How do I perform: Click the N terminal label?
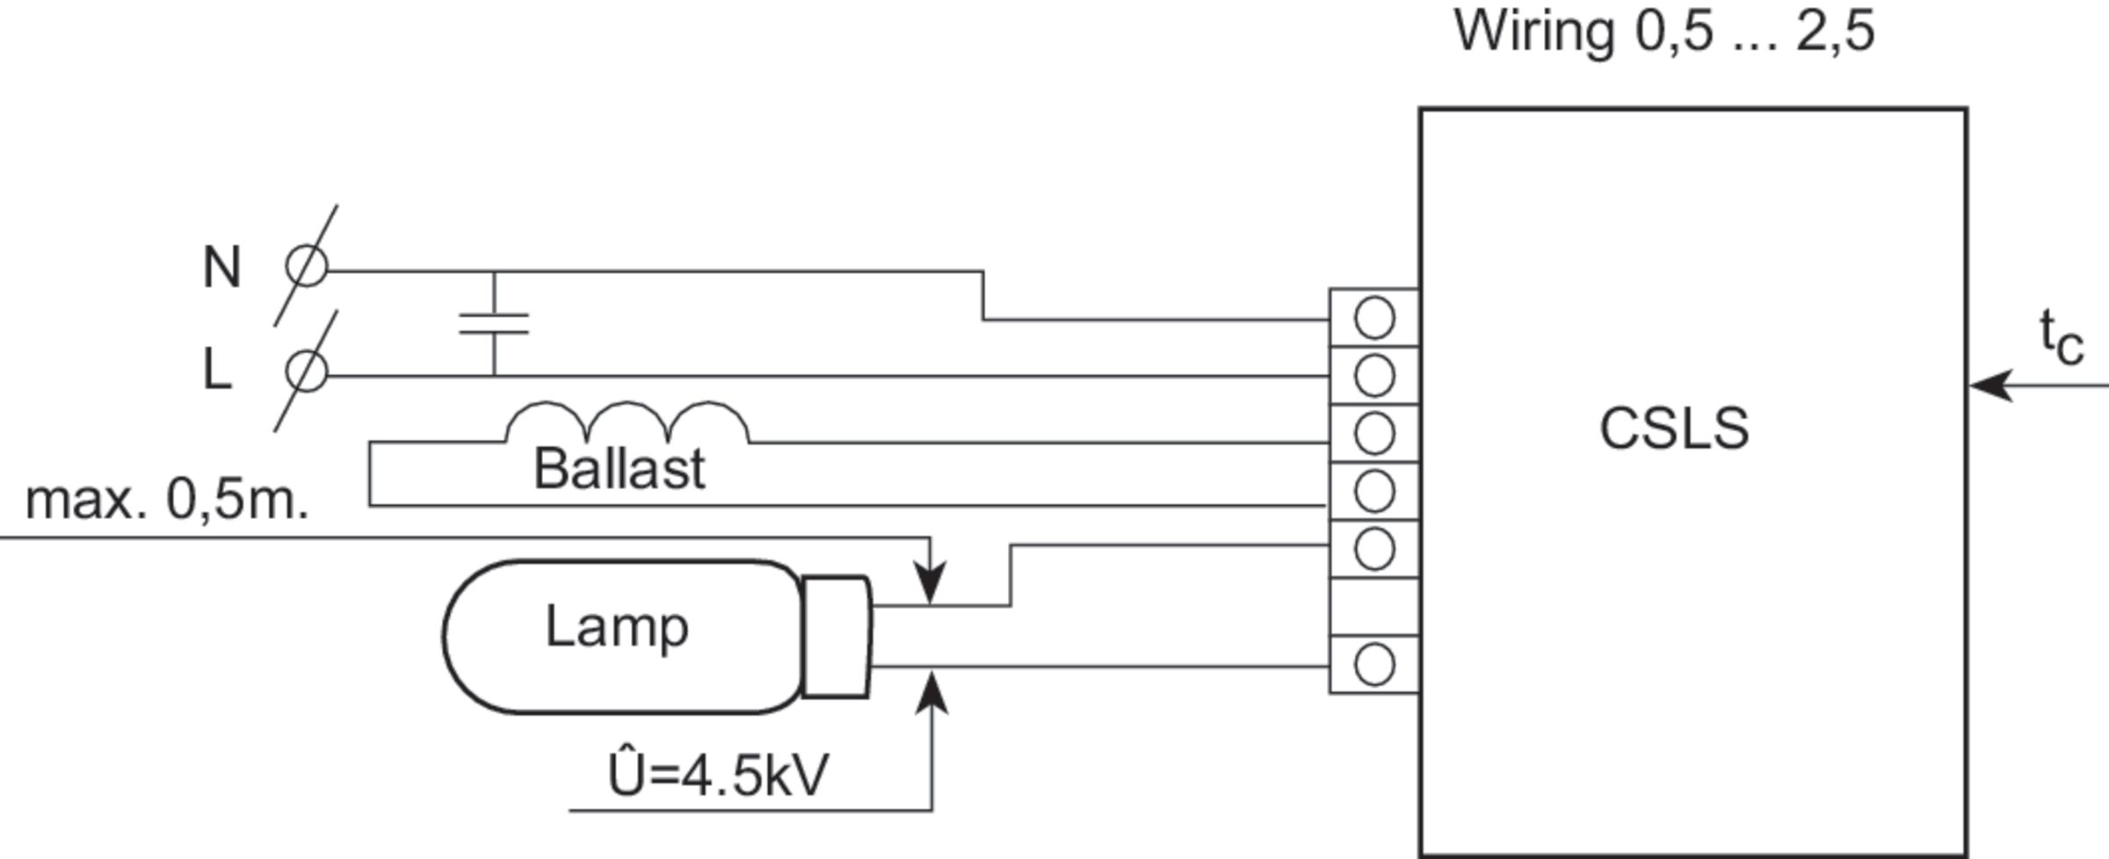pos(221,268)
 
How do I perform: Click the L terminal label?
pos(217,370)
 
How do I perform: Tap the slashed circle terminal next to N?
pos(307,267)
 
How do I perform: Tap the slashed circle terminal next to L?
pos(307,371)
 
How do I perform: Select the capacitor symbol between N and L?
pos(494,324)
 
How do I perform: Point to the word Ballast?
pos(619,469)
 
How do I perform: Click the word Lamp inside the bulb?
pos(616,627)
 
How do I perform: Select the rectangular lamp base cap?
pos(837,637)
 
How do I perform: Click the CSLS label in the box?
pos(1674,429)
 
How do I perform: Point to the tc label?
pos(2061,338)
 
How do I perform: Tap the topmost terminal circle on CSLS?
pos(1374,317)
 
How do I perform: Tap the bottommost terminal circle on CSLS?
pos(1374,664)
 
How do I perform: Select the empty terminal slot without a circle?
pos(1374,607)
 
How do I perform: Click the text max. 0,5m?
pos(167,500)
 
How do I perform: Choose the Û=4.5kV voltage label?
pos(718,776)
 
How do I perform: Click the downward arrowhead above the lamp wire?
pos(931,583)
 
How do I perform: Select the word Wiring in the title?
pos(1534,32)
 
